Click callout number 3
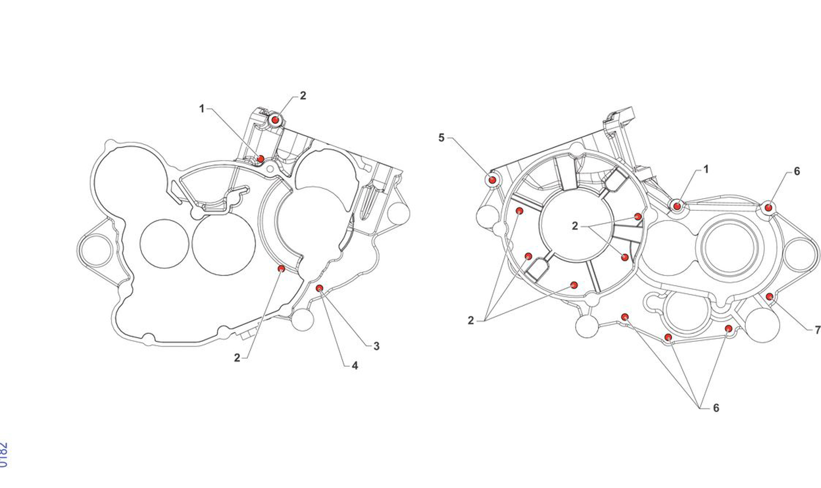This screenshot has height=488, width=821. (377, 346)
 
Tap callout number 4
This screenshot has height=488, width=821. (355, 366)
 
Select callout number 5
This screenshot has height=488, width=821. (441, 138)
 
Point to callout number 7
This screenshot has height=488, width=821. (817, 330)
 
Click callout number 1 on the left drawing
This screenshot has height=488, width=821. (202, 109)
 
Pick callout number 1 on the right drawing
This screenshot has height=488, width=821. (706, 170)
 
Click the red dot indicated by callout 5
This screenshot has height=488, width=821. (492, 180)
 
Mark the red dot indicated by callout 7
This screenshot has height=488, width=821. (770, 296)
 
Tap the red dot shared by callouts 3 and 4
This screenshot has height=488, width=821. (319, 288)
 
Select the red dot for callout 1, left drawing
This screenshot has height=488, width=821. (261, 159)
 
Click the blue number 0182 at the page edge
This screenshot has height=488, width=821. (3, 455)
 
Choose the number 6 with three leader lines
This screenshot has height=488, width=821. (716, 407)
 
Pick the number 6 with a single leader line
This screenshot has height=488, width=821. (797, 171)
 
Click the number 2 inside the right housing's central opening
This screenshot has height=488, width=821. (575, 226)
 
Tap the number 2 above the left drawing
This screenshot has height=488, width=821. (303, 96)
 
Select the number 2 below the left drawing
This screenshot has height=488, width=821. (237, 358)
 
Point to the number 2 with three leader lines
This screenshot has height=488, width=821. (470, 321)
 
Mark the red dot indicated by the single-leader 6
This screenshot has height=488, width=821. (769, 208)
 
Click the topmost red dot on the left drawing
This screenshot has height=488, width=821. (275, 120)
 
